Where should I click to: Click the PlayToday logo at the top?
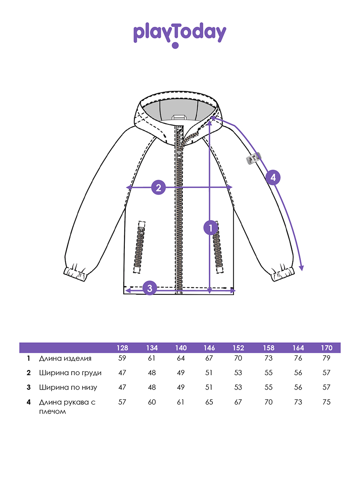(180, 34)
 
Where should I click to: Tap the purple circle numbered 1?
(210, 228)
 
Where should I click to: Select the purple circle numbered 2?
(158, 187)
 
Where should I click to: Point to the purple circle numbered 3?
(150, 288)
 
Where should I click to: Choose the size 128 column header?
(122, 348)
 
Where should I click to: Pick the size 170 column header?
(326, 348)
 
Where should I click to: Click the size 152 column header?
(238, 348)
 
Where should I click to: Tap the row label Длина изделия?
(65, 358)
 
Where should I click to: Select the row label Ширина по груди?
(70, 373)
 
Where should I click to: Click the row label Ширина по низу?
(68, 387)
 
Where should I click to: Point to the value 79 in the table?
(326, 358)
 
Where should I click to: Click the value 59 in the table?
(122, 358)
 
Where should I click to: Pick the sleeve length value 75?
(326, 402)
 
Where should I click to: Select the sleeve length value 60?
(152, 402)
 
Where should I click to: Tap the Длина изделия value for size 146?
(209, 358)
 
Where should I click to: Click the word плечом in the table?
(52, 411)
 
